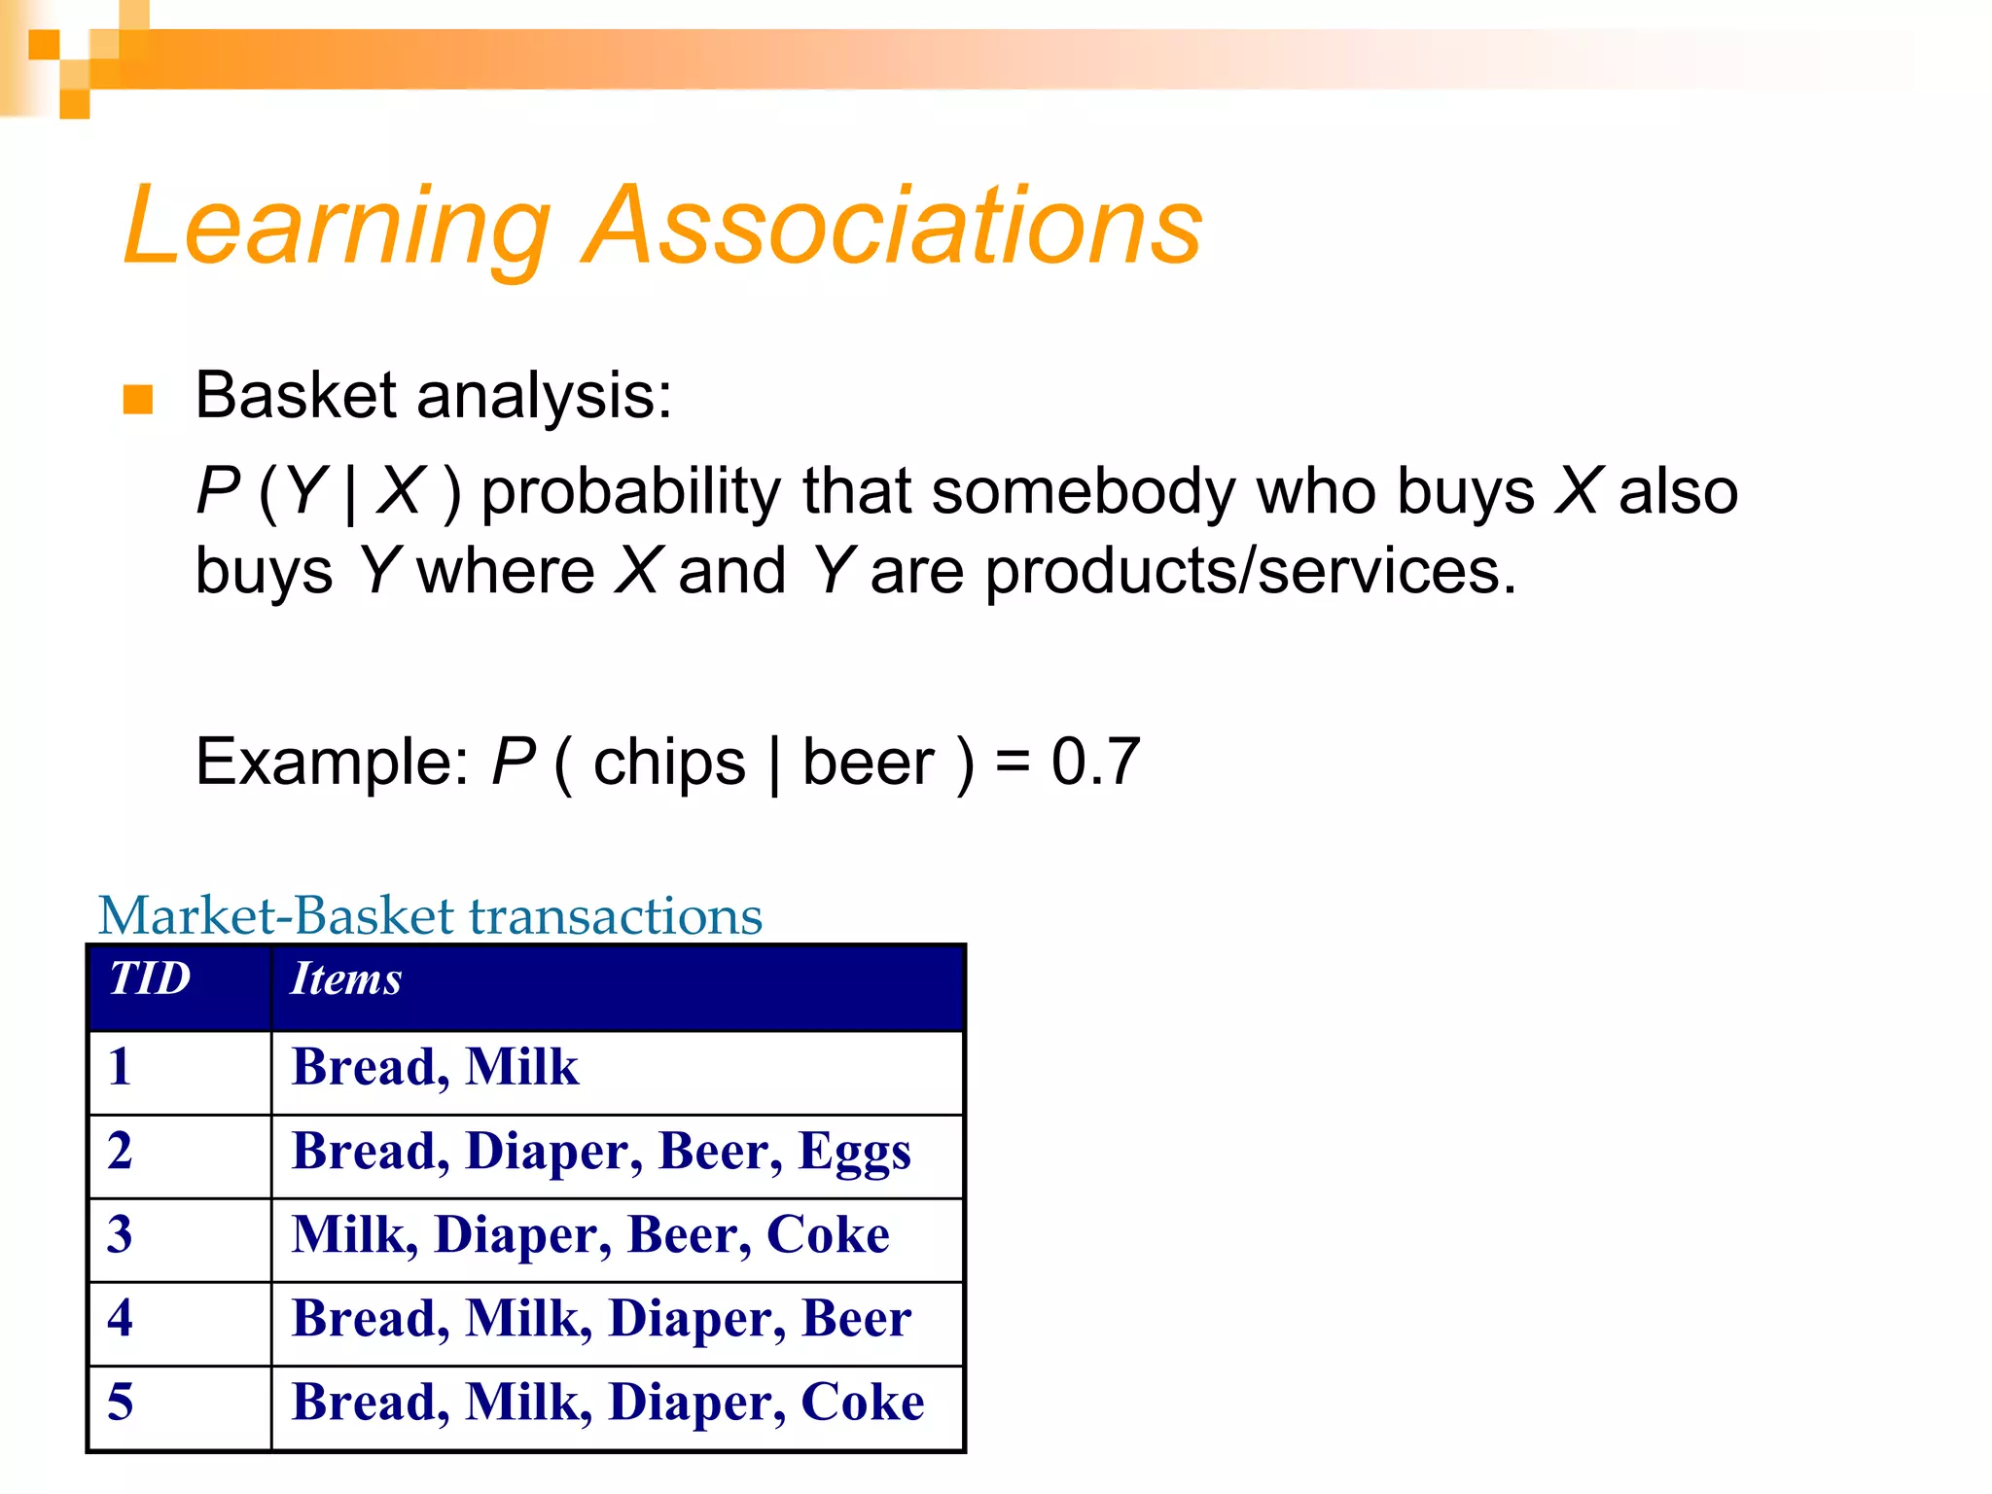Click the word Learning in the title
point(337,226)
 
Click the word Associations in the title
point(892,226)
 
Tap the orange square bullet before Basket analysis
point(138,399)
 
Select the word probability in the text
point(630,491)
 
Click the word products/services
point(1250,571)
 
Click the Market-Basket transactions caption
point(430,916)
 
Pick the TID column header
point(150,978)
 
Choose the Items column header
point(346,978)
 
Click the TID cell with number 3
point(120,1234)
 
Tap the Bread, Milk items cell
point(435,1067)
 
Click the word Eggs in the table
point(854,1153)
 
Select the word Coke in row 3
point(828,1235)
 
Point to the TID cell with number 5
point(120,1403)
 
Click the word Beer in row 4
point(856,1319)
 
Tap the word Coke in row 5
point(862,1403)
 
